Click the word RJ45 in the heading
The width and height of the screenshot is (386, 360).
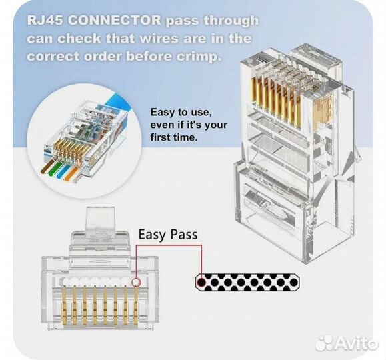pyautogui.click(x=45, y=20)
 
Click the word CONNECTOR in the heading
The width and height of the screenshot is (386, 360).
pyautogui.click(x=114, y=20)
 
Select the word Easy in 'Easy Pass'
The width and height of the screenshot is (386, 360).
pyautogui.click(x=152, y=235)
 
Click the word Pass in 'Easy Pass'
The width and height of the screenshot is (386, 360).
pyautogui.click(x=184, y=235)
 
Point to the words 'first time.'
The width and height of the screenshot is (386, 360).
pyautogui.click(x=174, y=137)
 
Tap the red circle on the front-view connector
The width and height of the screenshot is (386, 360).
pyautogui.click(x=136, y=282)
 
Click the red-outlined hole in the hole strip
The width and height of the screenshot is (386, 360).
pyautogui.click(x=201, y=282)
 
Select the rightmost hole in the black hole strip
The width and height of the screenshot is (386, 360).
pyautogui.click(x=293, y=282)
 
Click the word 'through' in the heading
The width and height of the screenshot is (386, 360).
pyautogui.click(x=231, y=21)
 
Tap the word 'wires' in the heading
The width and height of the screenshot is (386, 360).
pyautogui.click(x=158, y=39)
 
